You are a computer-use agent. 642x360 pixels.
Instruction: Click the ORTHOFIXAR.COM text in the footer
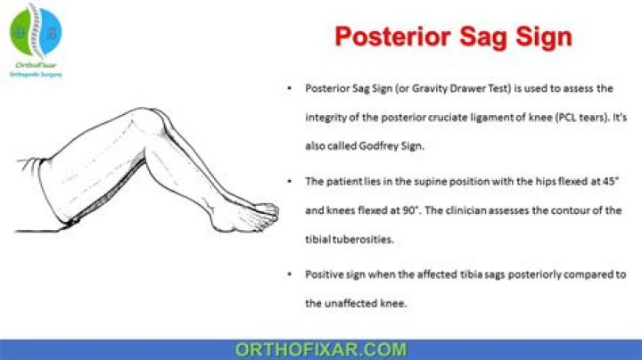pyautogui.click(x=321, y=349)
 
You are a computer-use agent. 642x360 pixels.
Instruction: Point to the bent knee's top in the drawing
pyautogui.click(x=152, y=113)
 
